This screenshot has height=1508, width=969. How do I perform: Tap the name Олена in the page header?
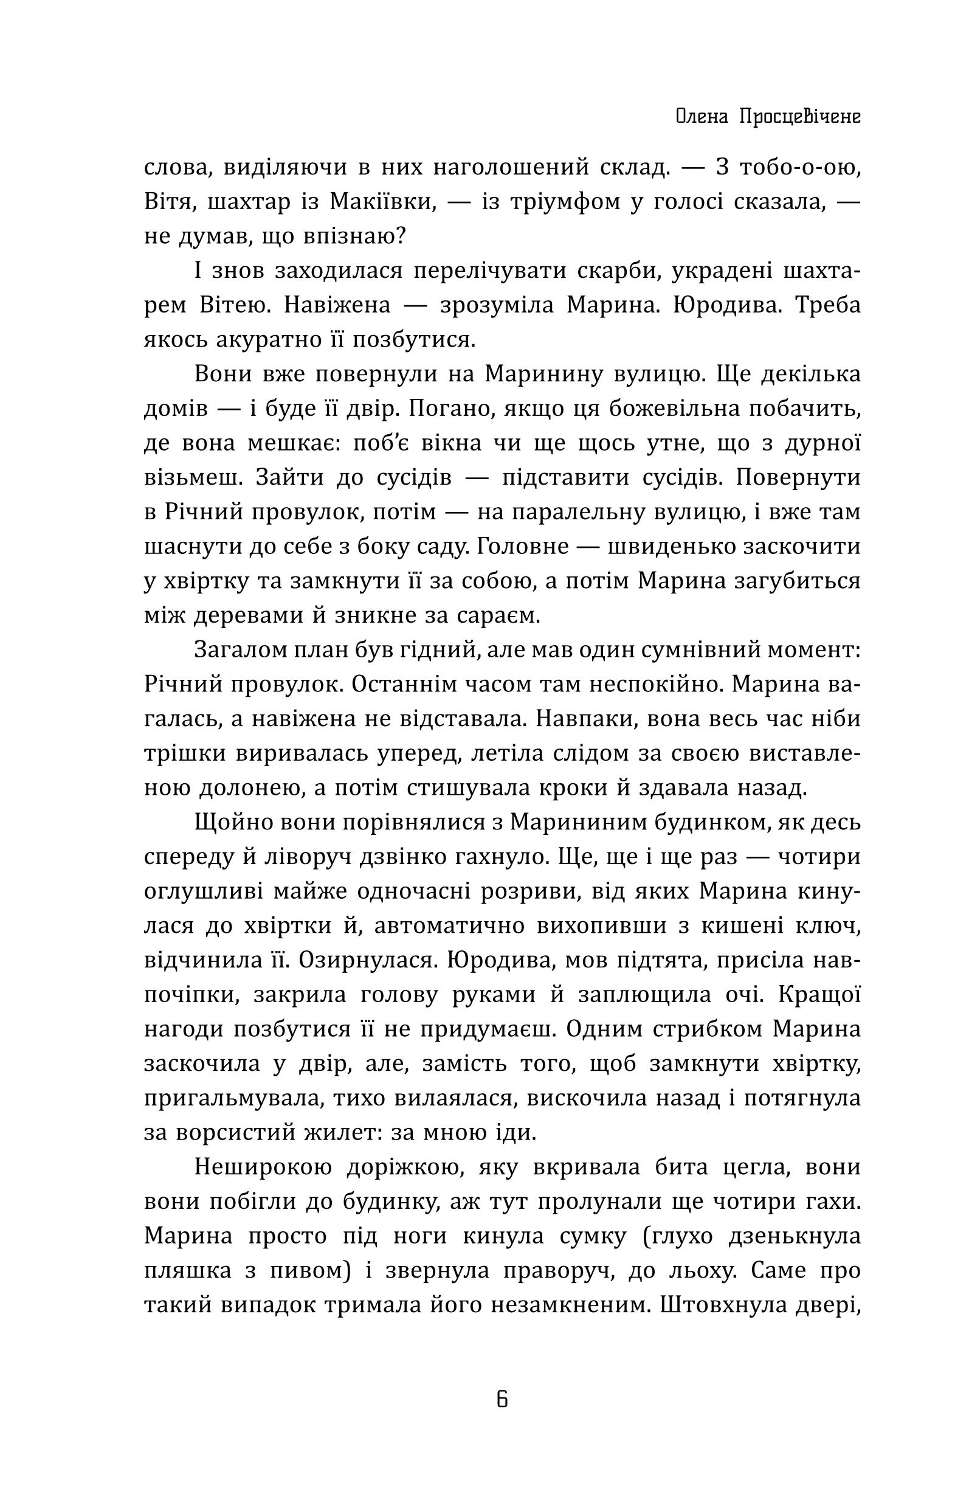[x=697, y=117]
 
